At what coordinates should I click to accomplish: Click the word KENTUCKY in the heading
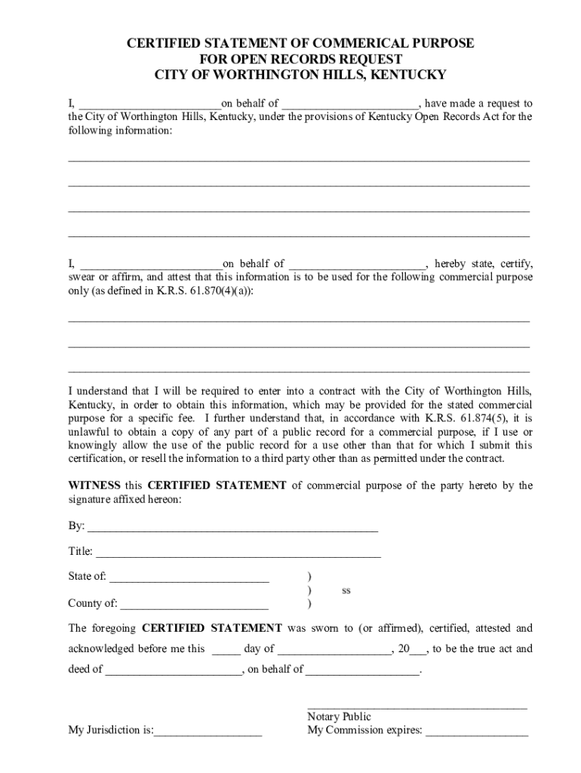[410, 75]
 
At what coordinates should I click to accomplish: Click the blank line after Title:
[238, 552]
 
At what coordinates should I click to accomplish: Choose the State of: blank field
[189, 577]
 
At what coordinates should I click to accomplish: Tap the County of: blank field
[194, 603]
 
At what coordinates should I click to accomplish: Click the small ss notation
[346, 590]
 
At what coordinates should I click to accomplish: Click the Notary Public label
[339, 716]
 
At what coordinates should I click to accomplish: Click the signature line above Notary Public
[417, 706]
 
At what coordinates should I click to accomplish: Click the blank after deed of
[174, 670]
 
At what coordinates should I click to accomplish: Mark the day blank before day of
[226, 649]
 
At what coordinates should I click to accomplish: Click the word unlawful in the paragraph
[90, 431]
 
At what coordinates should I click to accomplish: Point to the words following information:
[120, 131]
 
